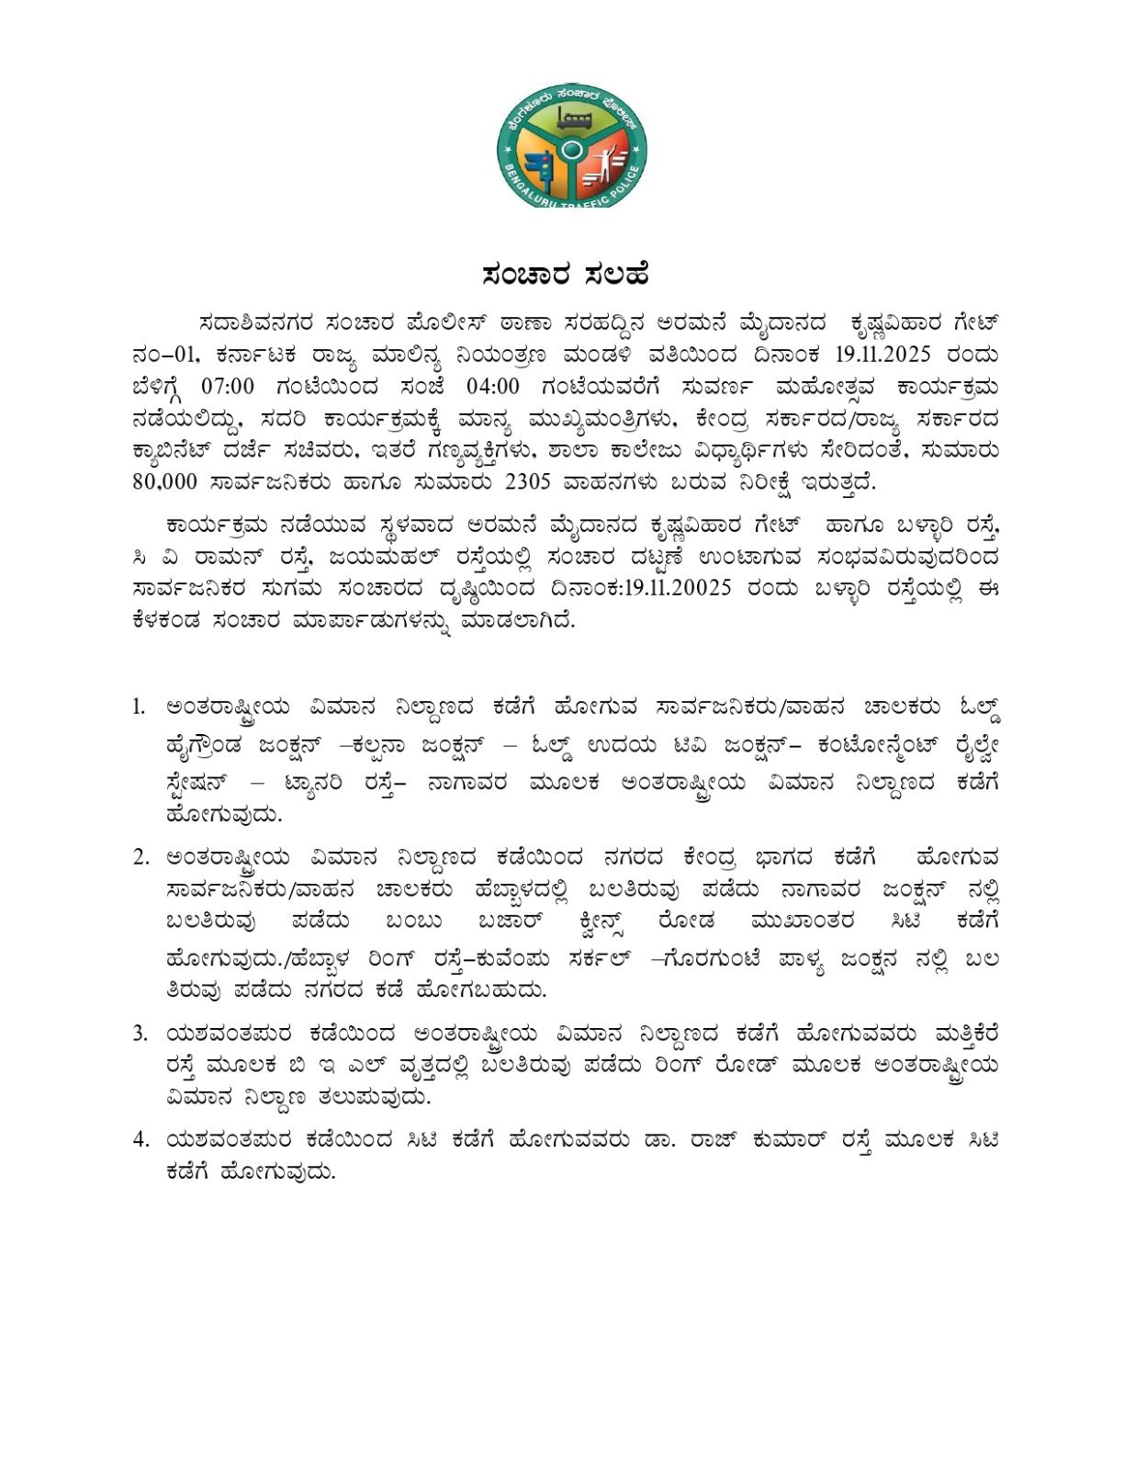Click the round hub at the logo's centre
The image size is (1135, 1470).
[x=572, y=148]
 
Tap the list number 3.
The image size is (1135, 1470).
[x=140, y=1034]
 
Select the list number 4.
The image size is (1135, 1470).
[x=140, y=1140]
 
